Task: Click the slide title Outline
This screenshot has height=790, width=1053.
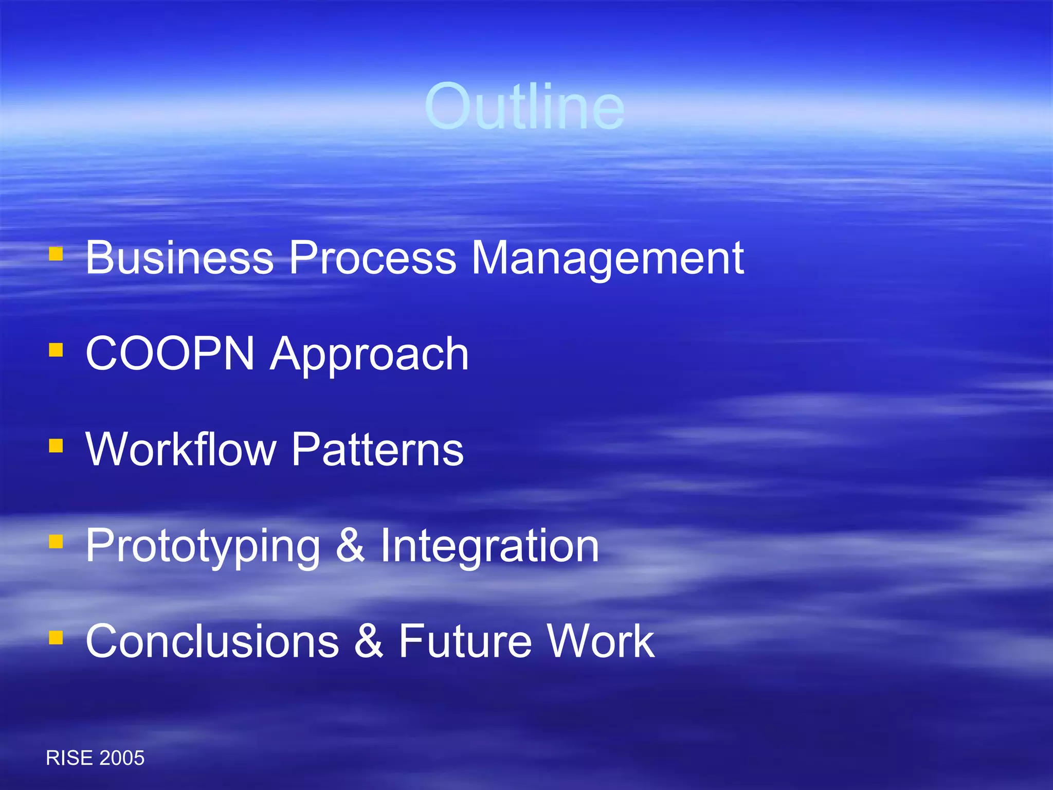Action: click(x=524, y=107)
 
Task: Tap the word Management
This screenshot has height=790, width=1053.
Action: click(x=607, y=259)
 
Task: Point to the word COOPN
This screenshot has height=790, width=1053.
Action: click(x=170, y=353)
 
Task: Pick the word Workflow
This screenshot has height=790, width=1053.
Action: click(x=181, y=449)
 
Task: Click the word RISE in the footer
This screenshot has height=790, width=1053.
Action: click(x=69, y=758)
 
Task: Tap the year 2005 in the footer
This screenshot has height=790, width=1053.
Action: click(x=122, y=758)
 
